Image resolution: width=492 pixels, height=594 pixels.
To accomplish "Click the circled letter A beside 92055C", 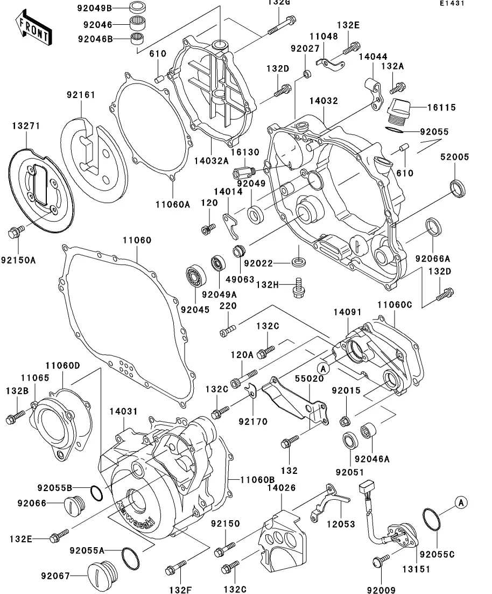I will coord(461,502).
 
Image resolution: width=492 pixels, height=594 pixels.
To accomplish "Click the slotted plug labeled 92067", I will coord(103,574).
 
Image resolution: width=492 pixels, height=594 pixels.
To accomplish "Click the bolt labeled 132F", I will coord(175,567).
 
